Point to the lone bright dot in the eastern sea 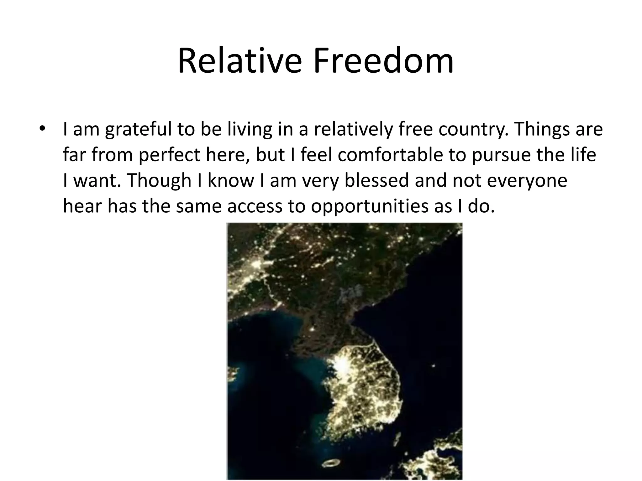point(434,365)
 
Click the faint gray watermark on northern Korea point(349,293)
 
